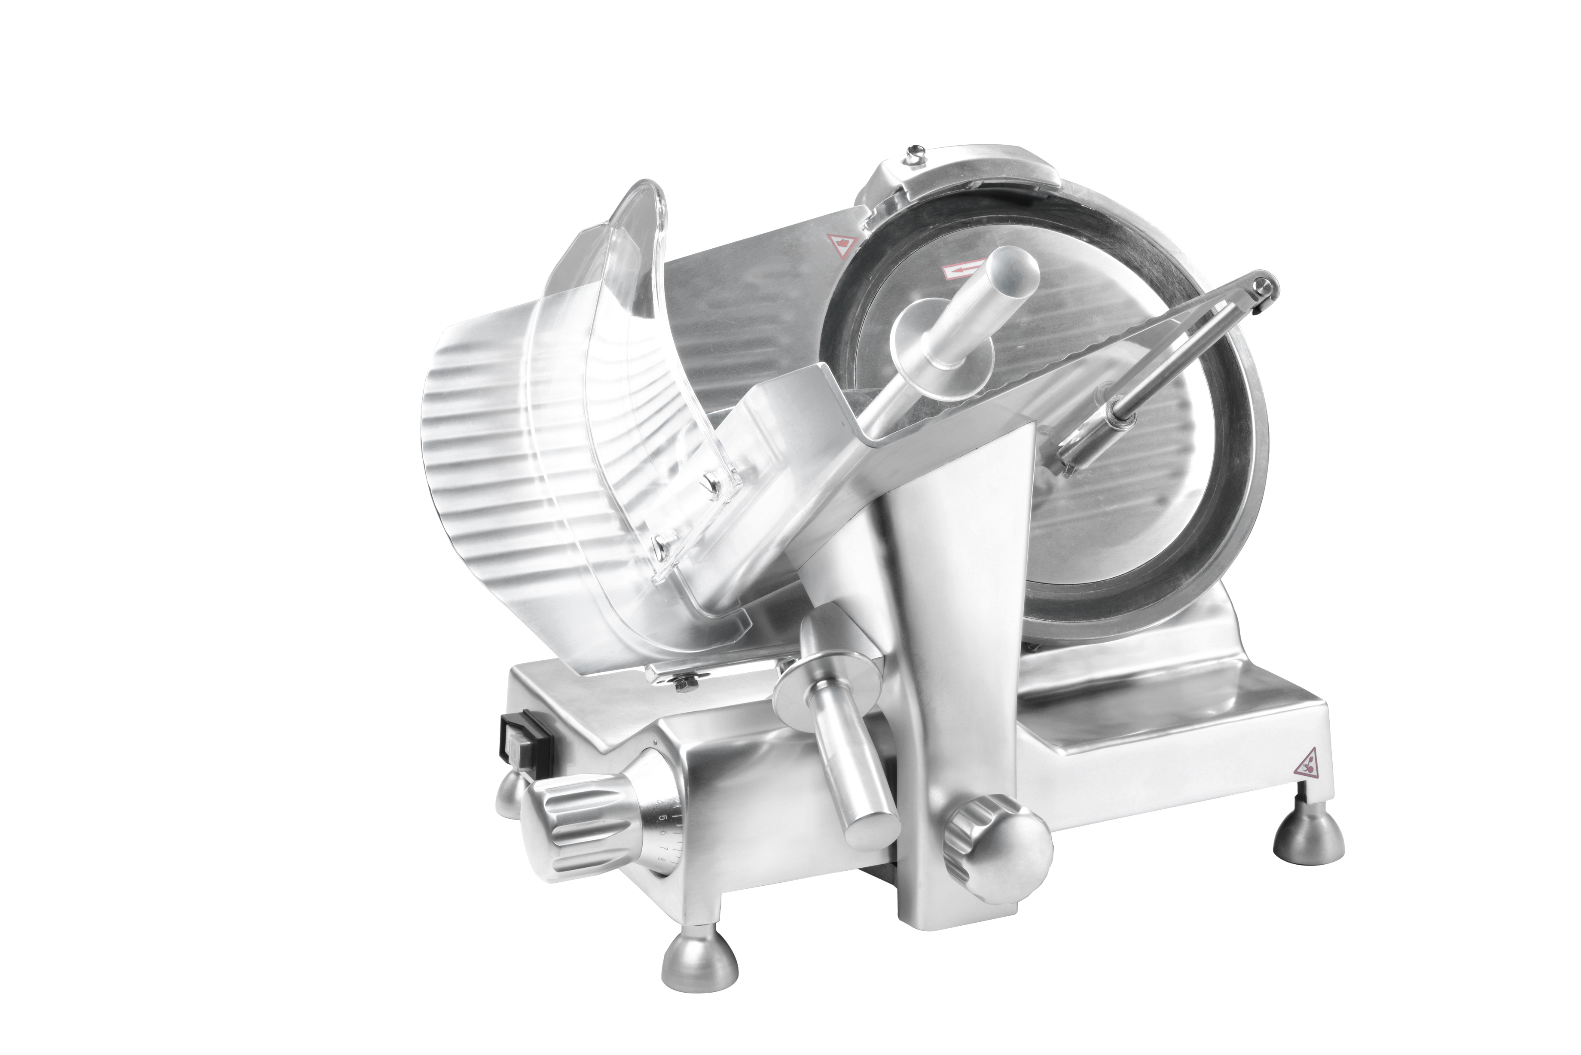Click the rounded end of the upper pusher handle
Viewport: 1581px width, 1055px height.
click(x=1016, y=270)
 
